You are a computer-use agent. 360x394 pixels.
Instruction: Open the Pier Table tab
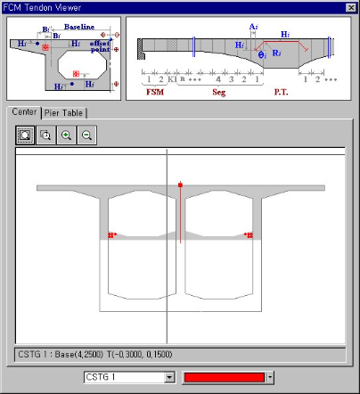[x=65, y=112]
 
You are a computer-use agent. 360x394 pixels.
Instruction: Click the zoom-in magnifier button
[x=66, y=135]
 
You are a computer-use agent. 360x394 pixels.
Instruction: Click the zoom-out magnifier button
[x=86, y=135]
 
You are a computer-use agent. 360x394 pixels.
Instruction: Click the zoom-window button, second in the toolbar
[x=46, y=135]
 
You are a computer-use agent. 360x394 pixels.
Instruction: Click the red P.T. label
[x=281, y=91]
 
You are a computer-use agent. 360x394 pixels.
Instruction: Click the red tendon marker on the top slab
[x=181, y=185]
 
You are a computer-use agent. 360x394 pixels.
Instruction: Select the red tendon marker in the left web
[x=110, y=235]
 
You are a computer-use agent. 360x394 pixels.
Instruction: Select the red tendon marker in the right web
[x=250, y=235]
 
